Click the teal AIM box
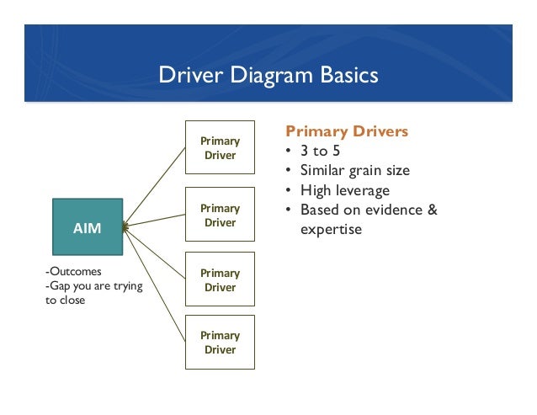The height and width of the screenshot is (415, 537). coord(88,226)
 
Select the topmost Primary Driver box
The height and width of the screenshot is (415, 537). coord(220,148)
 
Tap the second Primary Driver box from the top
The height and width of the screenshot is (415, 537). coord(220,215)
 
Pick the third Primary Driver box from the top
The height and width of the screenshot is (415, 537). coord(220,279)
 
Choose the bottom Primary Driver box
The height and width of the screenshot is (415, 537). coord(220,343)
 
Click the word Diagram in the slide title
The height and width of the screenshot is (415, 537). coord(270,76)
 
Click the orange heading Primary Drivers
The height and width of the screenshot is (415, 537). coord(347,131)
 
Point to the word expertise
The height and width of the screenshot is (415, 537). coord(331,228)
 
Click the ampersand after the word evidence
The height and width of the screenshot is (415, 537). coord(433,210)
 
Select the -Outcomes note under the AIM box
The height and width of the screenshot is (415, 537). coord(73,271)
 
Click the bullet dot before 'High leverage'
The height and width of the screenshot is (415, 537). coord(290,190)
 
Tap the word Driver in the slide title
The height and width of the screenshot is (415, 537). coord(189,76)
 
